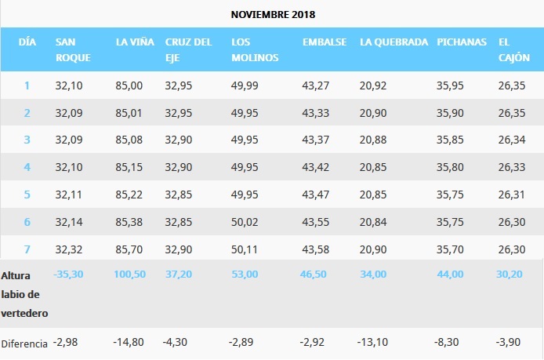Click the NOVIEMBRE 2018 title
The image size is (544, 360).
coord(274,15)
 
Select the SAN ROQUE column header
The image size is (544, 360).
coord(74,49)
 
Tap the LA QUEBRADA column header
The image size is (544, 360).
coord(393,42)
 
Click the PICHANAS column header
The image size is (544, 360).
coord(462,42)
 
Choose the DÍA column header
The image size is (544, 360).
coord(27,42)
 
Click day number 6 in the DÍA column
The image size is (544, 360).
coord(27,223)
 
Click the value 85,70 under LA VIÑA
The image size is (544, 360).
coord(129,250)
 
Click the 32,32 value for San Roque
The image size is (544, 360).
coord(67,250)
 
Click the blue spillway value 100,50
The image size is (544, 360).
coord(131,274)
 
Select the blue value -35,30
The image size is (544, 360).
coord(68,274)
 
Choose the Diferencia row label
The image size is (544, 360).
coord(24,344)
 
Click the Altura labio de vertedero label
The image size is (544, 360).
coord(24,294)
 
